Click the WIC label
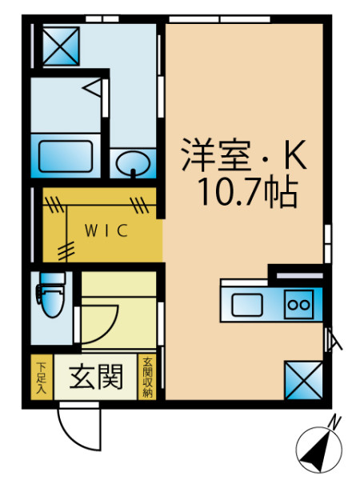pos(106,230)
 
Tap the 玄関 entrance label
pos(96,377)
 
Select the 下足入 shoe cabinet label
pos(42,377)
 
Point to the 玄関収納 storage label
pos(147,377)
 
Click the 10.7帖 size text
pos(248,193)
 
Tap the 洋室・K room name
pos(244,155)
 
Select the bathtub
pos(66,156)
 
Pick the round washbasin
pos(133,163)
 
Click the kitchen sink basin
pos(246,305)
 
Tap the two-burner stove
pos(299,304)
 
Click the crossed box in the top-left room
pos(61,46)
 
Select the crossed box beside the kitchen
pos(303,380)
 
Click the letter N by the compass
pos(334,422)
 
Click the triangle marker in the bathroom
pos(92,88)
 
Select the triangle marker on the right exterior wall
pos(334,339)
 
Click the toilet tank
pos(53,278)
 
